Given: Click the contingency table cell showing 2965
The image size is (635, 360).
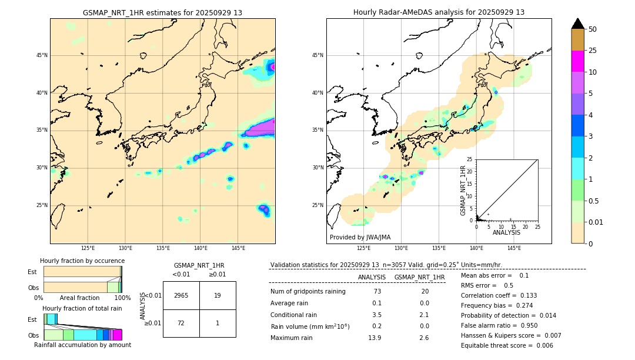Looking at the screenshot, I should [x=181, y=295].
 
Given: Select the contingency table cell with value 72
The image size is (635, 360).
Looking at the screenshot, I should [x=181, y=324].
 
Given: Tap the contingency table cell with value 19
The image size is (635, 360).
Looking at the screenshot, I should [x=218, y=295].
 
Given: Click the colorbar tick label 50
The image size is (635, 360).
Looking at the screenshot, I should [x=593, y=29].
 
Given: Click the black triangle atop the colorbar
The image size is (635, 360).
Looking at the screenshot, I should [x=578, y=24].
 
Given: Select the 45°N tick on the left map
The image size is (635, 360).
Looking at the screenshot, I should [x=42, y=55].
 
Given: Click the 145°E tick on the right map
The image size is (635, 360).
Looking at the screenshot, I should [x=514, y=248].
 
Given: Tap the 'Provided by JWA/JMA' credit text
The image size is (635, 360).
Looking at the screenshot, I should [x=360, y=237].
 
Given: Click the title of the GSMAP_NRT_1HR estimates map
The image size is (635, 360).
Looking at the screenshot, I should [x=162, y=12].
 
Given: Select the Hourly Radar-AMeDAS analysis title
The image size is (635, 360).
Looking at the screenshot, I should [x=439, y=12].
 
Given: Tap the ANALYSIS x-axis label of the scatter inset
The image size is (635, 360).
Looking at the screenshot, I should [x=506, y=232].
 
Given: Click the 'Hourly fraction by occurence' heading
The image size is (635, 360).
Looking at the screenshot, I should [x=82, y=261].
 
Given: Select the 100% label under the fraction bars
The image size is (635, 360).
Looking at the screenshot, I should [x=122, y=298].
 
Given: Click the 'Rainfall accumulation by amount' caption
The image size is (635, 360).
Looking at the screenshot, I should [x=82, y=345].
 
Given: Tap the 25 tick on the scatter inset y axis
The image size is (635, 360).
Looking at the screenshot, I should [x=469, y=159].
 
